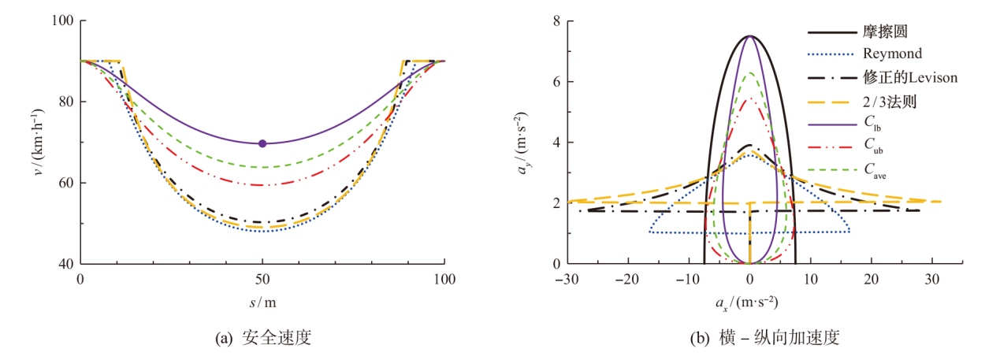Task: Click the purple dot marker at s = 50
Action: tap(262, 143)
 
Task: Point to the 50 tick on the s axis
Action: tap(262, 278)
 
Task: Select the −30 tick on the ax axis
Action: tap(565, 278)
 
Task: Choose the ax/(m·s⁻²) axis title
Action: tap(748, 302)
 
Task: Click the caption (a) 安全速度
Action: tap(262, 339)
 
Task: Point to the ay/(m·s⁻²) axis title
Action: tap(526, 143)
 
